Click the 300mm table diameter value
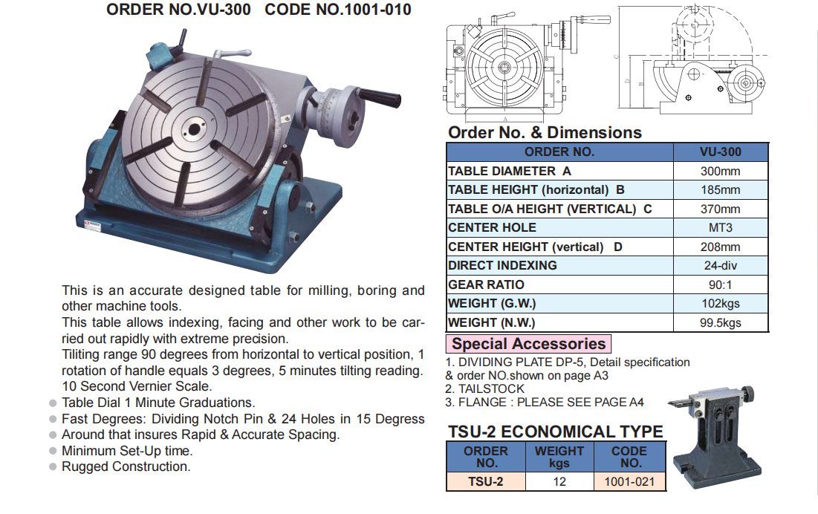coord(720,171)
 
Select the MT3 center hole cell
coord(720,228)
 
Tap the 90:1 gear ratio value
coord(720,284)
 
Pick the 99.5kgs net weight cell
coord(720,322)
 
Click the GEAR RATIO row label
coord(486,284)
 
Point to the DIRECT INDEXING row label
coord(502,265)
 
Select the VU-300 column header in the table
coord(720,152)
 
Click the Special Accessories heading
coord(528,344)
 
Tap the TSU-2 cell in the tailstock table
coord(485,481)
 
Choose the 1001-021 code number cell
coord(629,481)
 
